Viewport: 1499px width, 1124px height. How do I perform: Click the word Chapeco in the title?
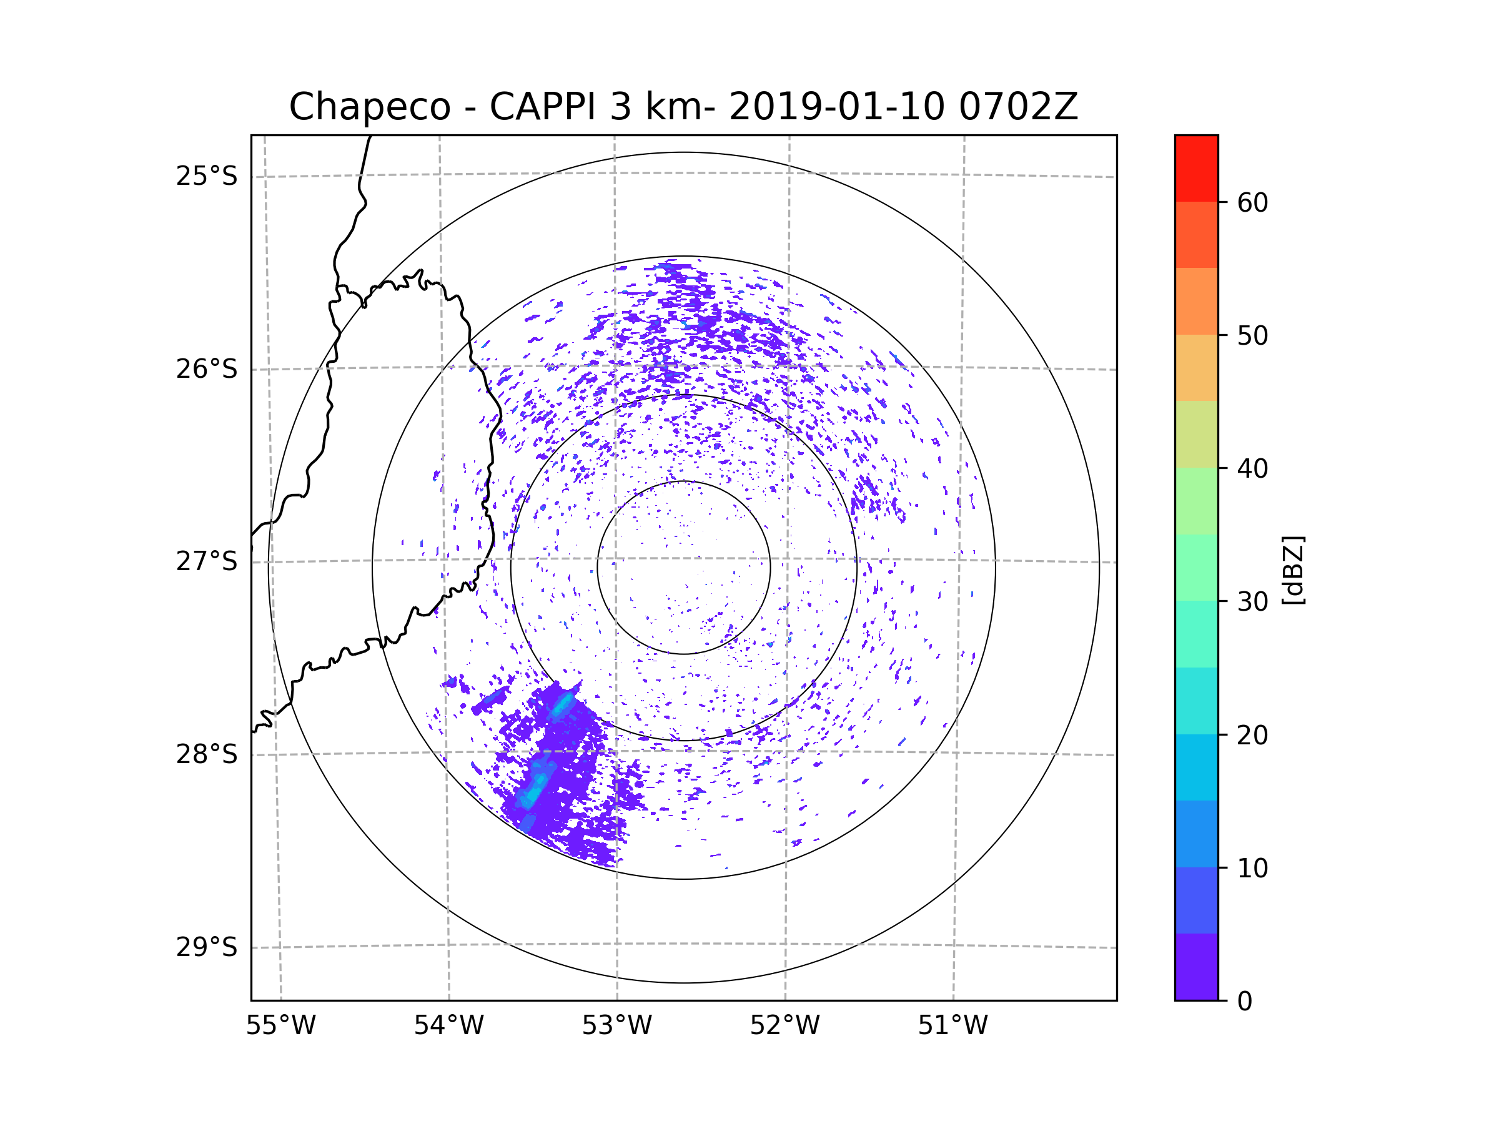[369, 107]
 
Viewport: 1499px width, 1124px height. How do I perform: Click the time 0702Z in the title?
[1018, 107]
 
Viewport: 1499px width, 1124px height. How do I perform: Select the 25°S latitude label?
[207, 176]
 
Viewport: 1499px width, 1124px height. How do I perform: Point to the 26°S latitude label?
[207, 369]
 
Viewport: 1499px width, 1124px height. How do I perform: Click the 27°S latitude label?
[207, 561]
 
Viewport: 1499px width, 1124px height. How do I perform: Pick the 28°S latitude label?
[207, 754]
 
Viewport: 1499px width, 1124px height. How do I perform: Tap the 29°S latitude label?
[207, 947]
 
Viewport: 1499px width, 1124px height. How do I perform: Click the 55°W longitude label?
[280, 1026]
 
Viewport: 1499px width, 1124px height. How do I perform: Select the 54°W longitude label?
[448, 1026]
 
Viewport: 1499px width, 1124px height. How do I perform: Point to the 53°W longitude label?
[616, 1026]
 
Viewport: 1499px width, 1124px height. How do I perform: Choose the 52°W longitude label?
[784, 1026]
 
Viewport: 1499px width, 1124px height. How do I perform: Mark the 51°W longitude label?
[952, 1026]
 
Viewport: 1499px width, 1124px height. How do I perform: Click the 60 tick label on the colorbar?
[1252, 202]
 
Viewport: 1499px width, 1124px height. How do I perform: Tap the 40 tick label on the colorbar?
[1252, 469]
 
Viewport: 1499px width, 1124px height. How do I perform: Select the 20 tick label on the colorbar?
[1252, 735]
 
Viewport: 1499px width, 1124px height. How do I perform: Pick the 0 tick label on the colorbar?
[1245, 1002]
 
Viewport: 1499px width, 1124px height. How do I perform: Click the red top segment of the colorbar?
[1196, 168]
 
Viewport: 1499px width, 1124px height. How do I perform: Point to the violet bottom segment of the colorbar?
[1196, 967]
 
